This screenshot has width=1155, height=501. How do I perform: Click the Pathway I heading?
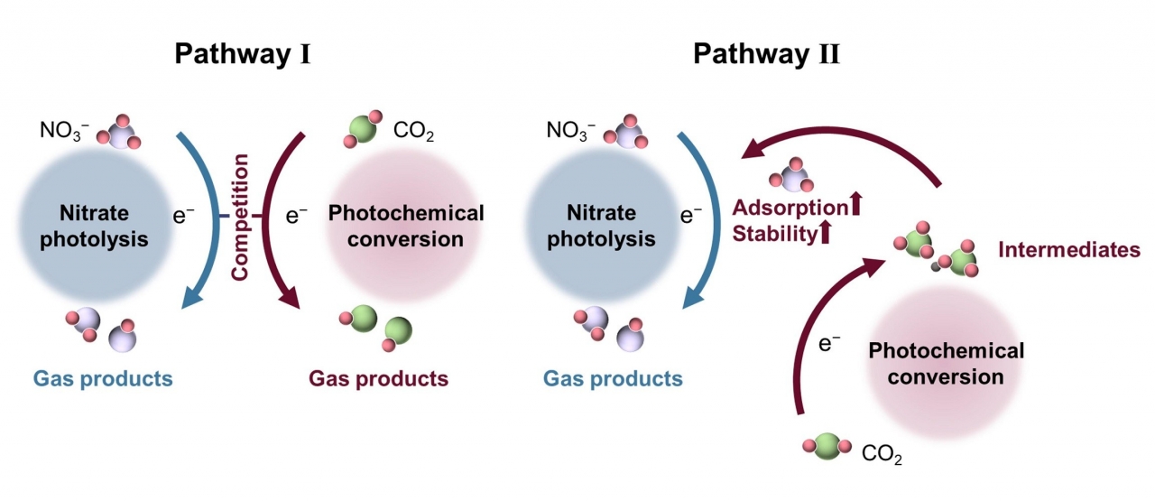(243, 54)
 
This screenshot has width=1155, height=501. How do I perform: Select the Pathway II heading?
(766, 54)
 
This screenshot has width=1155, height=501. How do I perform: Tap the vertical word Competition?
(241, 216)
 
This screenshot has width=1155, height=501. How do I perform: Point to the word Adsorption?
(790, 207)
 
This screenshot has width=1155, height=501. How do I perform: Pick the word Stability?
(775, 235)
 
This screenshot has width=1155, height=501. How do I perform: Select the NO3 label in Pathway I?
(65, 132)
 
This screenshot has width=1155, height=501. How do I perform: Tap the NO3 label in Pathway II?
(570, 132)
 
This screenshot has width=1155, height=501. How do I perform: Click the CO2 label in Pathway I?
(414, 134)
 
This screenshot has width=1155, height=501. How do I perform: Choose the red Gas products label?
(378, 378)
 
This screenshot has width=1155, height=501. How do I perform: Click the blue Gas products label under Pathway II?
(613, 378)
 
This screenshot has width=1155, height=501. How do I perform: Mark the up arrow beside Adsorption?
(856, 206)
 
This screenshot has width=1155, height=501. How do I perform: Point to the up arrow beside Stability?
(824, 234)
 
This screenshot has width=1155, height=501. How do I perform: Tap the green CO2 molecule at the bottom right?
(827, 445)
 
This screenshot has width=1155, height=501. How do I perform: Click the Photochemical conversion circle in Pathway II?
(946, 362)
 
